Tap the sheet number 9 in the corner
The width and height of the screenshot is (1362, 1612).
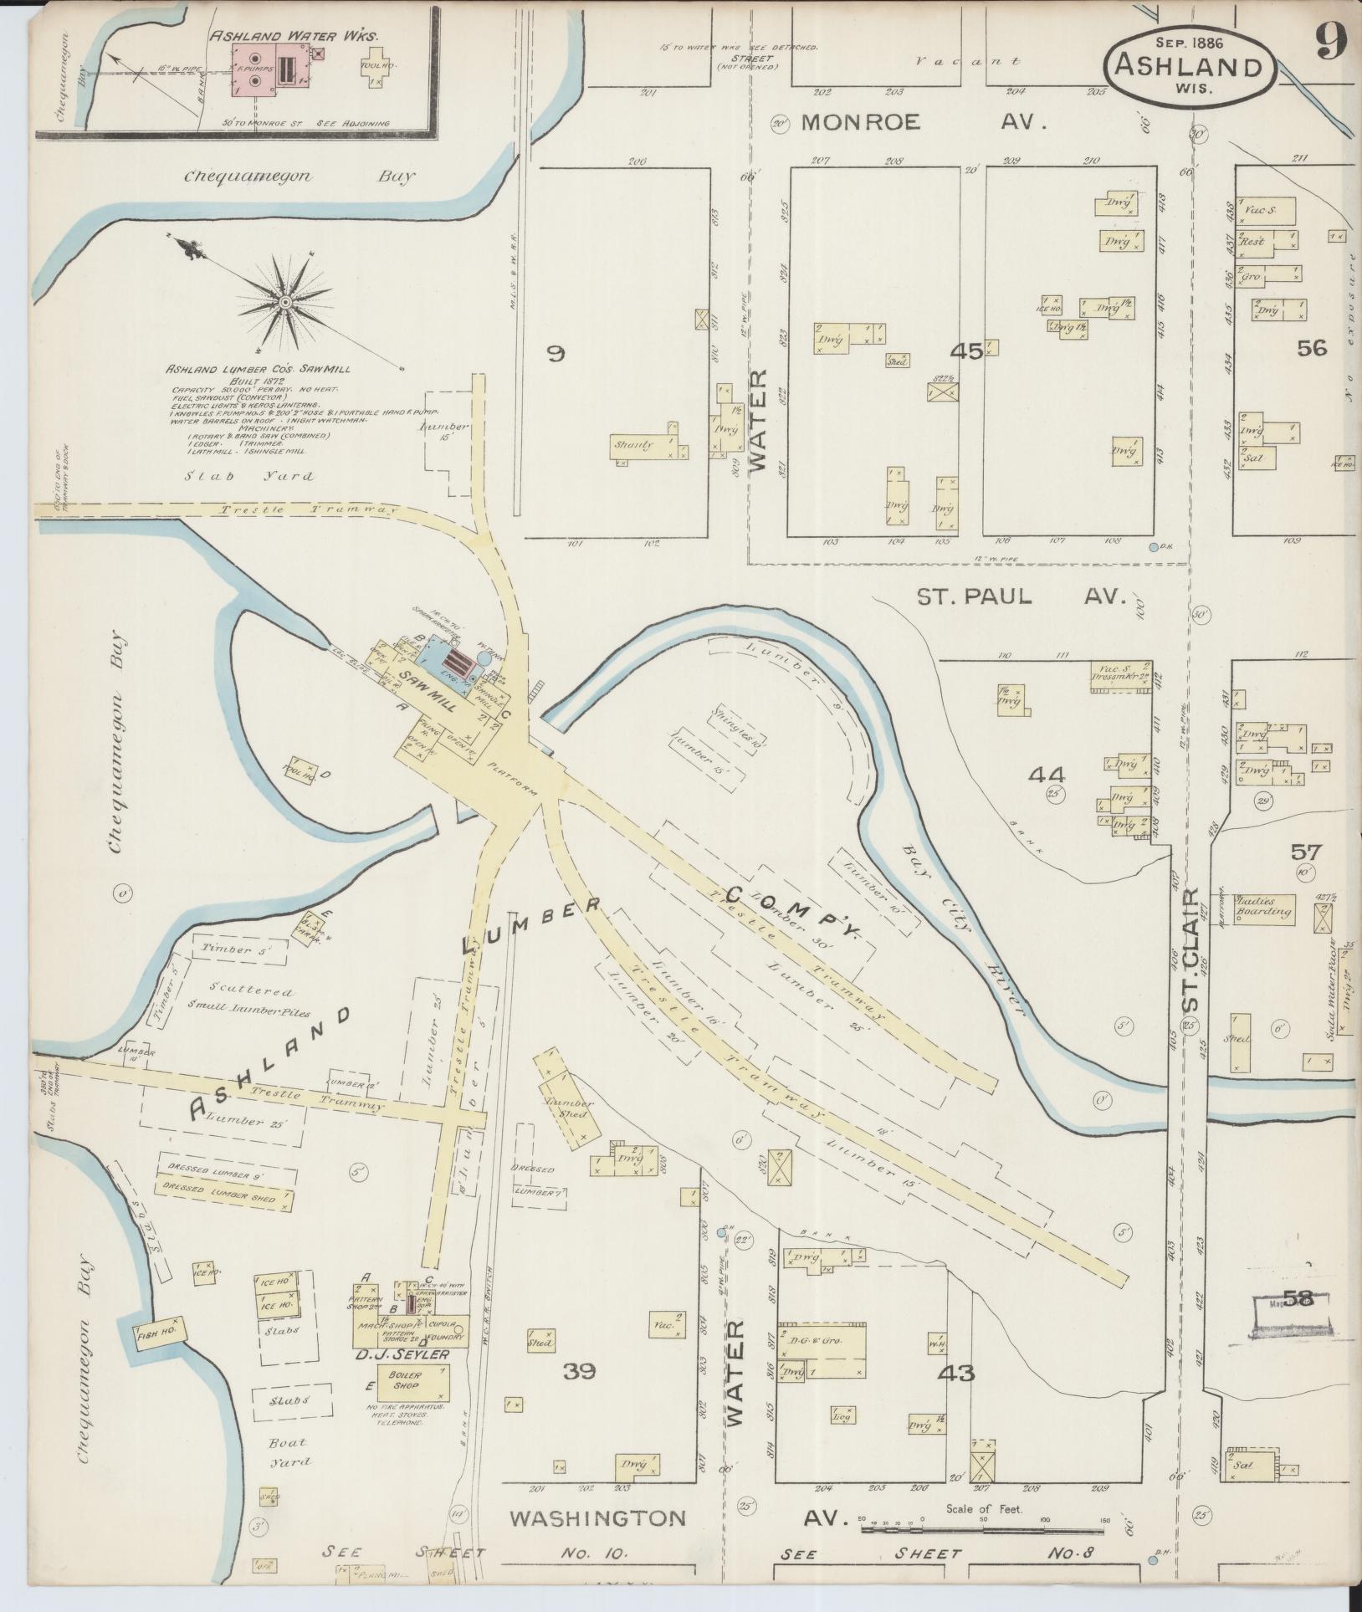tap(1329, 39)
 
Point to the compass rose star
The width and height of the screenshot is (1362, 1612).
tap(285, 300)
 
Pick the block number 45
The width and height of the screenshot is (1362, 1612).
tap(970, 352)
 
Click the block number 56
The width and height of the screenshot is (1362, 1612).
tap(1311, 347)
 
